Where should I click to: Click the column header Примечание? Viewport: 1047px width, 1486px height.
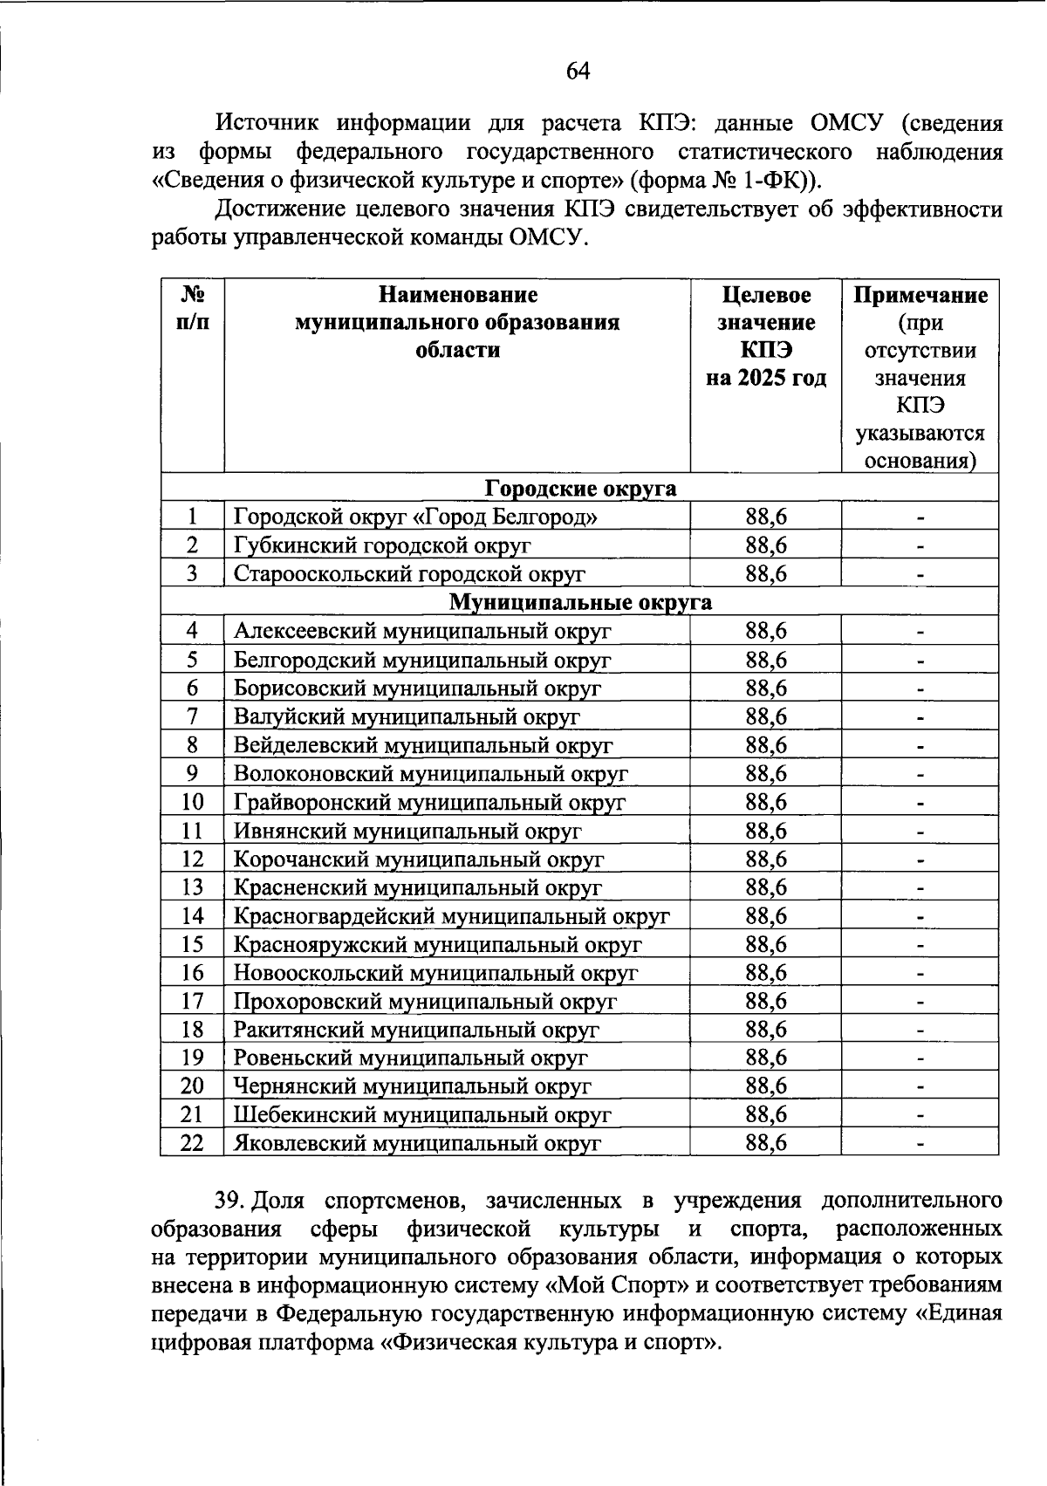coord(920,295)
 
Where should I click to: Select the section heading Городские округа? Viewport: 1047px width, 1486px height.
coord(580,488)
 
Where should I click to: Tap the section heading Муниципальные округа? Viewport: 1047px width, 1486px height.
coord(580,602)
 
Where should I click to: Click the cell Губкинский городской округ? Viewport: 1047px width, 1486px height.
coord(382,545)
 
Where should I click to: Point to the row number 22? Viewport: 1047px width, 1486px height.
coord(192,1142)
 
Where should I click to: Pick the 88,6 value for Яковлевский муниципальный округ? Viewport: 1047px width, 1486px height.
coord(765,1142)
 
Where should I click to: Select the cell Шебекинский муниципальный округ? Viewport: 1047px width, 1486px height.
coord(422,1114)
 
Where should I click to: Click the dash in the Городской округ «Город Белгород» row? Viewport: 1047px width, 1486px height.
coord(920,518)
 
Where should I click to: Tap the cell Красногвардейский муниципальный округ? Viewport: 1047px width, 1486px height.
coord(451,916)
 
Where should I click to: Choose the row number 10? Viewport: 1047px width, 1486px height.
coord(192,802)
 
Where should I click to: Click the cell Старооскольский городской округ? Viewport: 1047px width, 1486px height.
coord(409,573)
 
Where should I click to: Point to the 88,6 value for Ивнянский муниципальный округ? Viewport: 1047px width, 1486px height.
coord(765,831)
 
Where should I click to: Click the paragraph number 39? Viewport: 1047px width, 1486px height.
coord(229,1201)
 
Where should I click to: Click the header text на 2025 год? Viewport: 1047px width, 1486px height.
coord(765,379)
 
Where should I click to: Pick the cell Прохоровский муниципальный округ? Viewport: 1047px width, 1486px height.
coord(425,1001)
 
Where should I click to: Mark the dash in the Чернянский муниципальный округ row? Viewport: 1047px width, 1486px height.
coord(920,1087)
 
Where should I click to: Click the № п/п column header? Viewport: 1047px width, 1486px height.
coord(192,309)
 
